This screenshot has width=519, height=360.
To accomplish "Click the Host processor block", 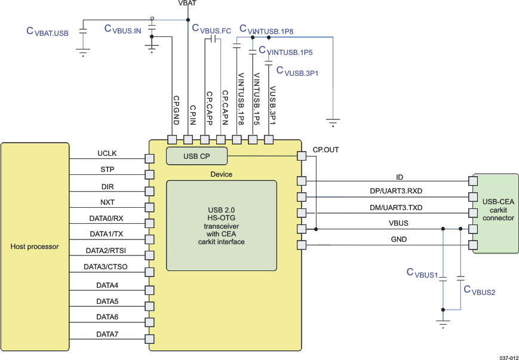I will (x=35, y=246).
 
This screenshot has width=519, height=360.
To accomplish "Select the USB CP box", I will (x=196, y=156).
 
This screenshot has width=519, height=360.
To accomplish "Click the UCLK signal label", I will (x=108, y=154).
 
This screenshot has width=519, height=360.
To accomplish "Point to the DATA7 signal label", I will (x=108, y=334).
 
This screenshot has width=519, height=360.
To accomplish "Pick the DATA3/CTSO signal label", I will (x=106, y=266).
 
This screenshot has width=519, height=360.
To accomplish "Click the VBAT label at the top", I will (x=187, y=4).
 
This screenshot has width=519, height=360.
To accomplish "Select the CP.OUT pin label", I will (x=325, y=149).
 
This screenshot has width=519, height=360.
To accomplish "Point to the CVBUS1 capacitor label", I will (x=423, y=273).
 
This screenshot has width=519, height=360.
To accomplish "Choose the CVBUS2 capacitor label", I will (x=479, y=290).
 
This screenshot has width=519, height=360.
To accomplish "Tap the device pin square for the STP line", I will (x=151, y=175).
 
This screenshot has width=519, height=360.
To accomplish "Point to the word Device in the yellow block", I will (x=222, y=174).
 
